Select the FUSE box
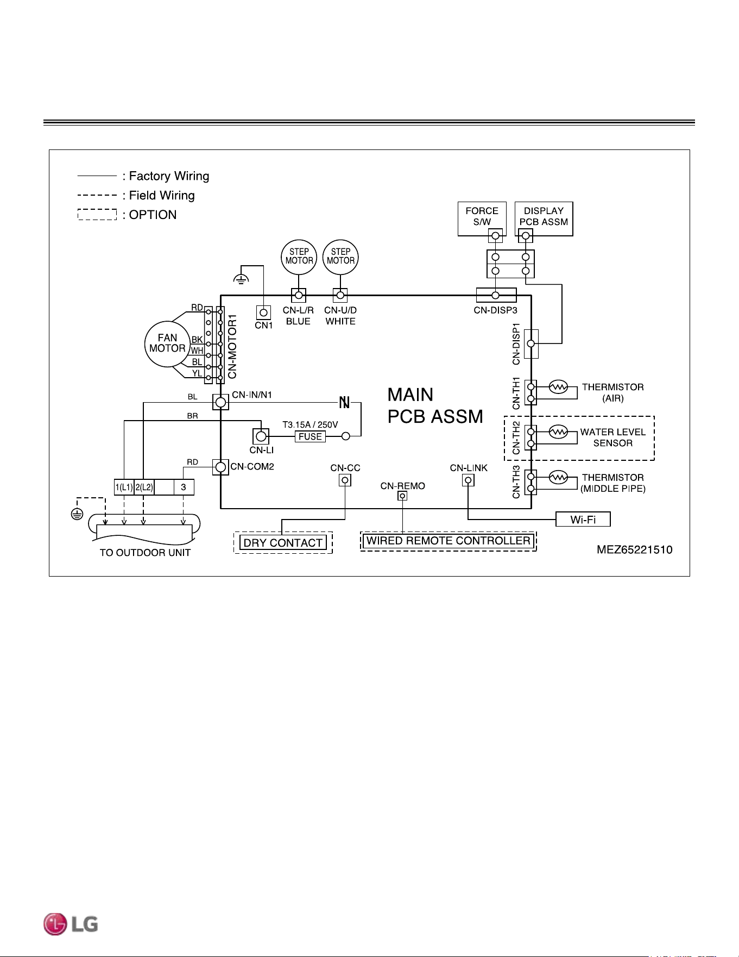310,436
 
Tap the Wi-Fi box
583,520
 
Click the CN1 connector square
263,312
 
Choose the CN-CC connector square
345,480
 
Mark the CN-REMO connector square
402,496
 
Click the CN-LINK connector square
468,480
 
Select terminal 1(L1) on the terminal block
124,487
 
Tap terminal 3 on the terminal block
184,487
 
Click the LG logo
71,924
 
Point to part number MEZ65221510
634,549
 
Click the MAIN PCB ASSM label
435,405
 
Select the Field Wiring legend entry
136,195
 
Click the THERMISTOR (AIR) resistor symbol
558,387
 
